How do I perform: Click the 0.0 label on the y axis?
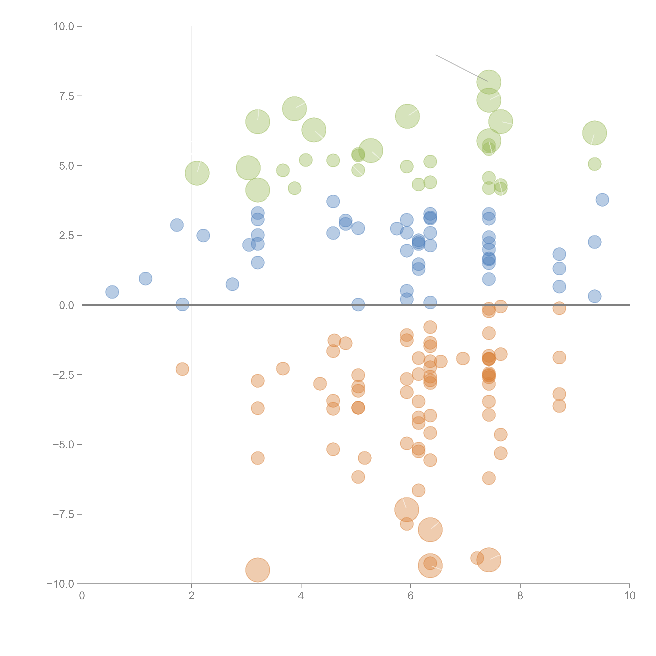[67, 305]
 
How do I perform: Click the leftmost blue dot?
[112, 292]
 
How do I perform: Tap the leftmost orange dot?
[182, 369]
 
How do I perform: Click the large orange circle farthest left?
[258, 570]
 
